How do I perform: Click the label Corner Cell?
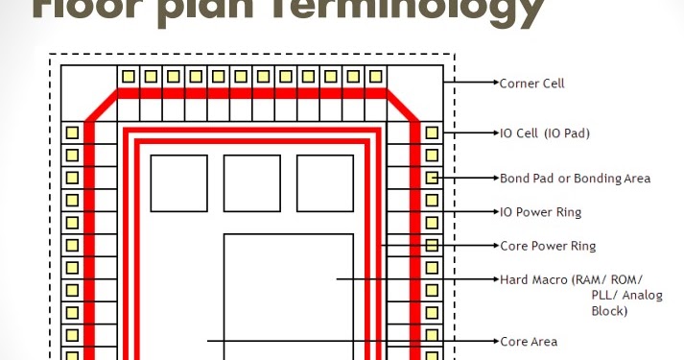pos(532,84)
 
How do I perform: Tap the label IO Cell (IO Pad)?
pos(545,133)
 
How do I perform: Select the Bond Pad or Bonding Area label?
pos(576,179)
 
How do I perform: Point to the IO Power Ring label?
pos(541,212)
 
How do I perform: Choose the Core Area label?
pos(529,342)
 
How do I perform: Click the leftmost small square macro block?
pos(178,182)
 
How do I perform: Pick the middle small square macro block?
pos(251,182)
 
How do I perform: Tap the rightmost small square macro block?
pos(324,182)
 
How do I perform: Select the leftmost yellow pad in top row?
pos(128,76)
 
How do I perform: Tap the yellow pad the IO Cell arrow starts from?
pos(433,132)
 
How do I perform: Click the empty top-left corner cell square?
pos(88,92)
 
